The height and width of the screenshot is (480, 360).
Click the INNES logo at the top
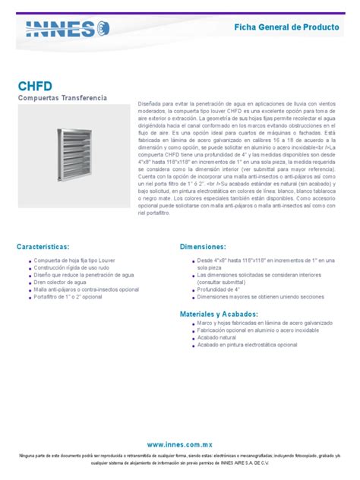point(68,28)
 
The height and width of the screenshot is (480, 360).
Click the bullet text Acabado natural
point(218,336)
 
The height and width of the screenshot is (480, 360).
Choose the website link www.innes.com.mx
point(180,443)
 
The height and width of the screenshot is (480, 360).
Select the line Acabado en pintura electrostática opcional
point(247,344)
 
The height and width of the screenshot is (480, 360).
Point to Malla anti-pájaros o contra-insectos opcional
point(86,289)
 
